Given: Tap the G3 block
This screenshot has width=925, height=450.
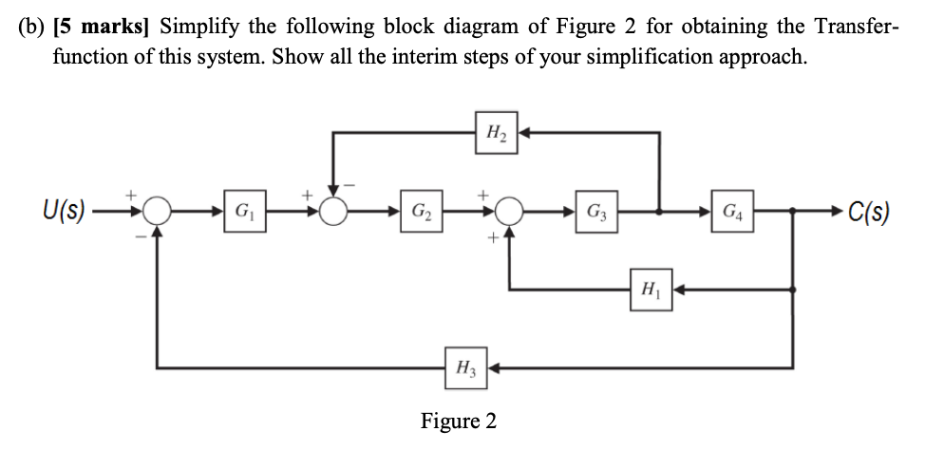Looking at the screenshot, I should (x=594, y=209).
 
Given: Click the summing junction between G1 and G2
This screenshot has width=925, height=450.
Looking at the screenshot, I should (x=333, y=209).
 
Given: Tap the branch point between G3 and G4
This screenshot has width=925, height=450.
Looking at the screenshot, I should (x=659, y=209).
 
